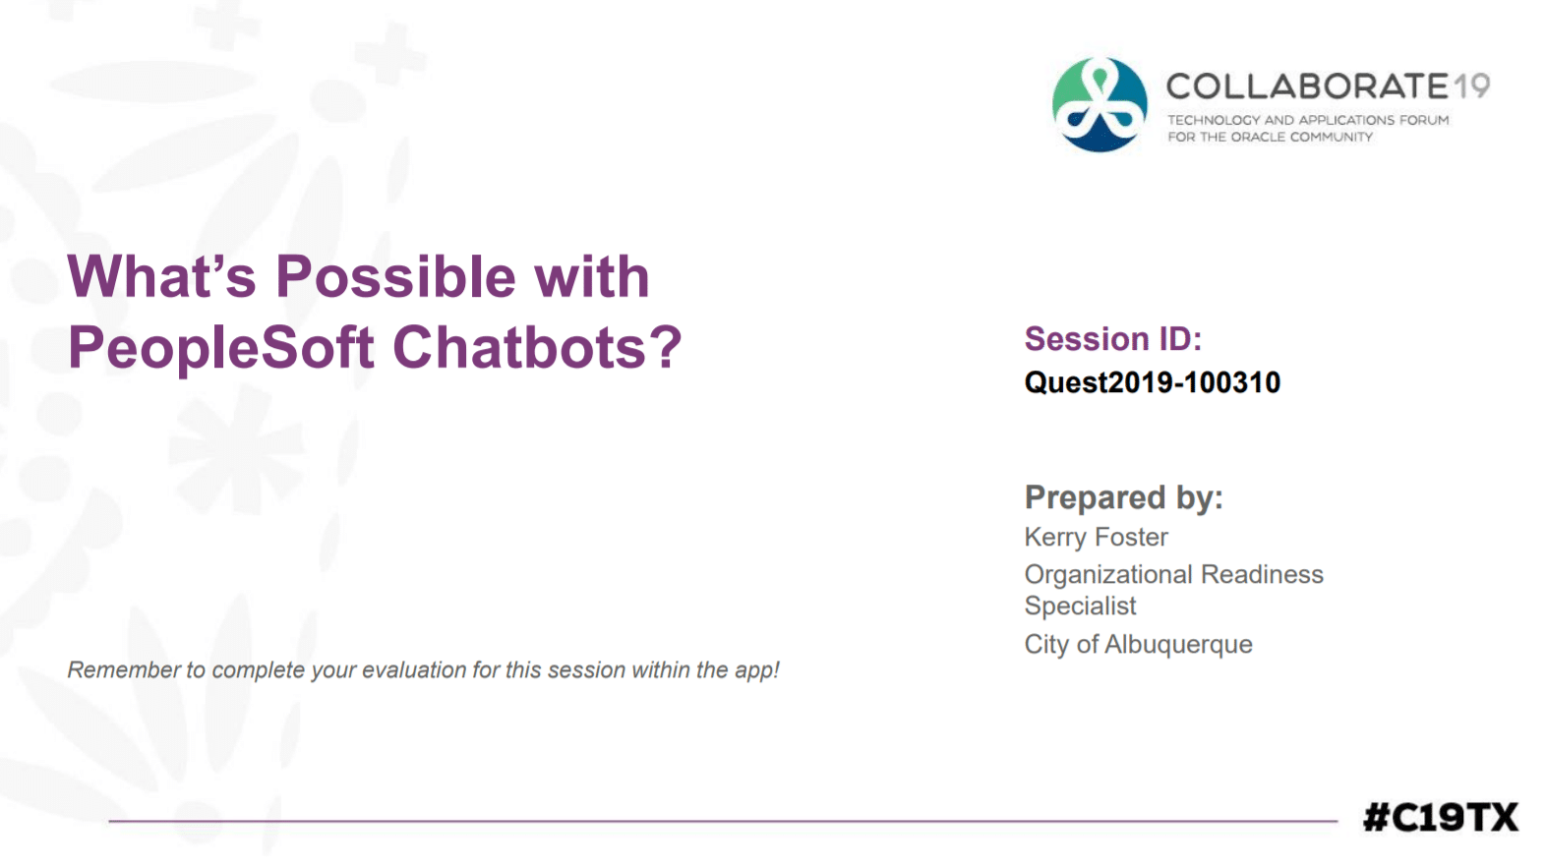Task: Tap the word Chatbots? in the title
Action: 537,348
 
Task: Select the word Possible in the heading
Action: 395,276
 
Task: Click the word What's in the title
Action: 161,276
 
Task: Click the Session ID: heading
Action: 1112,339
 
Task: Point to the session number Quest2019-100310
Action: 1152,382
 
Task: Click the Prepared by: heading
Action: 1123,497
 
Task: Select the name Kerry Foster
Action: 1096,538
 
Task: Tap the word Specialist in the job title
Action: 1080,607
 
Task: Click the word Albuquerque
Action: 1178,645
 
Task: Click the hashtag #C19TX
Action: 1440,817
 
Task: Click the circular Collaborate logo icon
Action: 1100,105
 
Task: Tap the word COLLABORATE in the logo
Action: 1307,87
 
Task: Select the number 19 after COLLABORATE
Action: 1472,87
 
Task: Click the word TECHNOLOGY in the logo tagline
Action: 1213,120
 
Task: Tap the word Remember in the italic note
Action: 124,670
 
